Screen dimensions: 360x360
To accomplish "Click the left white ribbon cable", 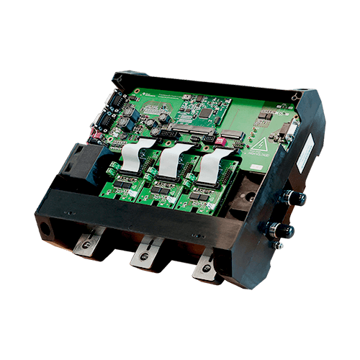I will pyautogui.click(x=132, y=156).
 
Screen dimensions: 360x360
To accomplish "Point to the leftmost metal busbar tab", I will pyautogui.click(x=89, y=244).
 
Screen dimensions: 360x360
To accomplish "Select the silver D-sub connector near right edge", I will pyautogui.click(x=289, y=132).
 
